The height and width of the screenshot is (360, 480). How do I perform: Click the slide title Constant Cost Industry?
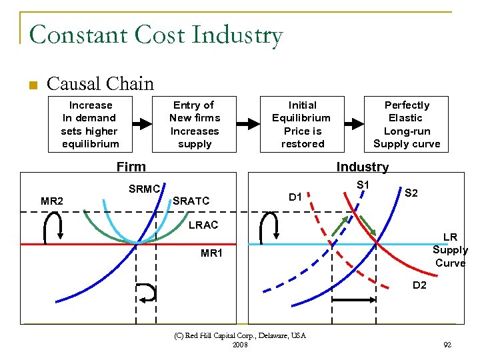(156, 35)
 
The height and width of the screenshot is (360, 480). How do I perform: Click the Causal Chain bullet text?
(100, 84)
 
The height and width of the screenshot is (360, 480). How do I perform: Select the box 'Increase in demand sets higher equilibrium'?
(91, 125)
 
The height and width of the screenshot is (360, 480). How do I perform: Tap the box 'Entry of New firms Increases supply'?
(194, 125)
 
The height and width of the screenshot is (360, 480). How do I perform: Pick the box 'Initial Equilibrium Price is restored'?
(302, 125)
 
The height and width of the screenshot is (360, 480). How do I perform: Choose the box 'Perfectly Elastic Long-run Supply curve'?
(407, 125)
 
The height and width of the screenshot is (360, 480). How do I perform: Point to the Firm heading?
(131, 167)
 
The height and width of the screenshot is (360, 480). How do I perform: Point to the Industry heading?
(362, 167)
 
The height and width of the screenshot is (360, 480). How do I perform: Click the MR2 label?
(52, 201)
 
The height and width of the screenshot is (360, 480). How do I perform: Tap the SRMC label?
(144, 189)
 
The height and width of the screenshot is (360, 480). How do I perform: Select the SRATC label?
(191, 201)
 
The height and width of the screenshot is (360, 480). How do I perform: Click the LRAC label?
(203, 225)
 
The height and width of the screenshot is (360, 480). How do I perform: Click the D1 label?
(295, 197)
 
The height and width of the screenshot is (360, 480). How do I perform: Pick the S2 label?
(411, 193)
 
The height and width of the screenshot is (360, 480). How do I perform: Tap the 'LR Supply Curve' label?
(450, 250)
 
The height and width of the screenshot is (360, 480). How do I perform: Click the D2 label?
(419, 285)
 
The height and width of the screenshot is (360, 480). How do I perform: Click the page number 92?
(447, 345)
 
